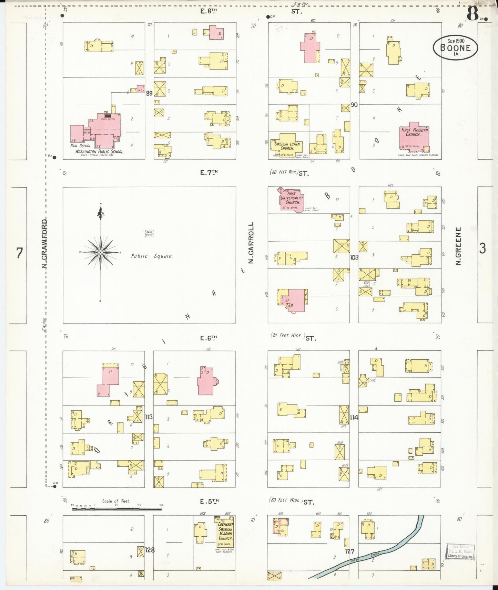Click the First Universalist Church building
(x=292, y=200)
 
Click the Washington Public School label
(x=99, y=151)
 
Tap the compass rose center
(x=100, y=253)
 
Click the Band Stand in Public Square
(x=149, y=233)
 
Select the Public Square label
(x=152, y=256)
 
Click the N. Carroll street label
(x=251, y=243)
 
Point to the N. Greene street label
(x=458, y=246)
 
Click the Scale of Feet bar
(x=116, y=508)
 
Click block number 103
(x=354, y=257)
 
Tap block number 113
(x=149, y=417)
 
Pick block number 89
(x=149, y=93)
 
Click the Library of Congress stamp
(x=460, y=552)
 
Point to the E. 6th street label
(x=209, y=338)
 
